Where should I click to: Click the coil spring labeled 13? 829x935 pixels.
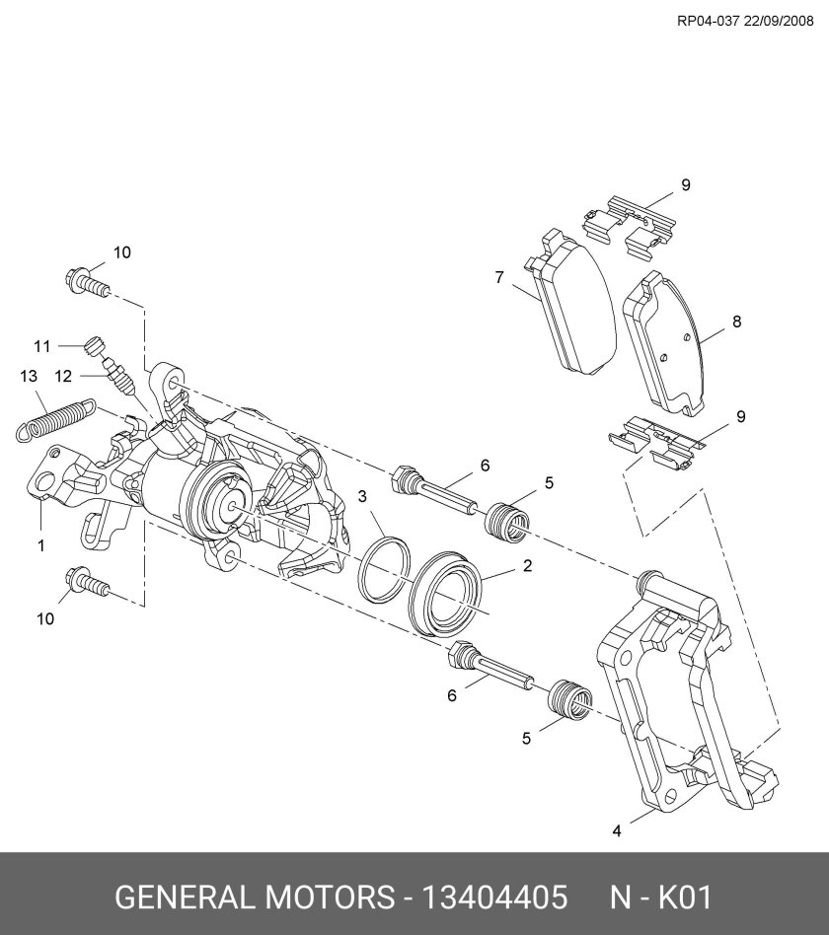(55, 416)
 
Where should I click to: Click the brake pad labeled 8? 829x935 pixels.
(667, 345)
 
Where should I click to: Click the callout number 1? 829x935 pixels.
(41, 543)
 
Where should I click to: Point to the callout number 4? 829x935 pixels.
(617, 830)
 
